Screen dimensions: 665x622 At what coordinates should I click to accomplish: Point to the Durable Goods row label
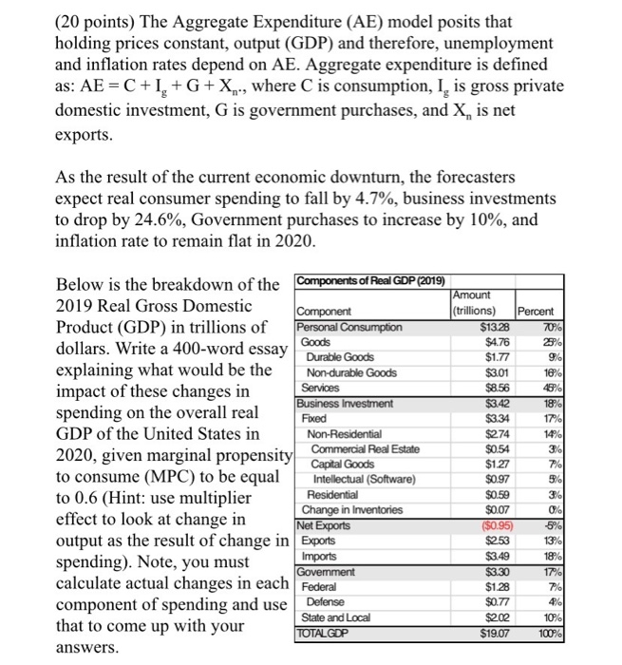(342, 357)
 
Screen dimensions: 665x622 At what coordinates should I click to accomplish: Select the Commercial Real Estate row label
(365, 448)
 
